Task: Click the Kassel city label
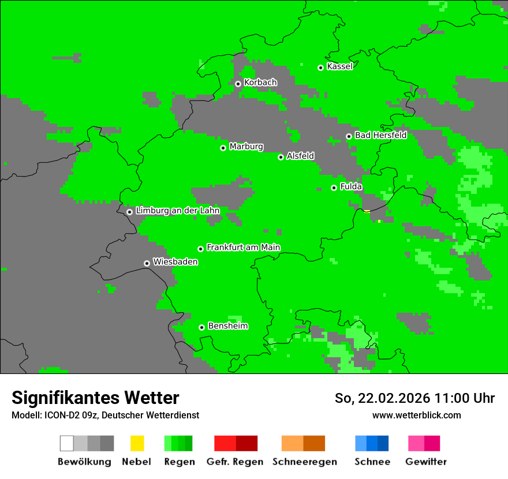[x=339, y=66]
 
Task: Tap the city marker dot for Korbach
[x=238, y=84]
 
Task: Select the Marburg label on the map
[x=246, y=147]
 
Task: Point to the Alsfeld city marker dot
[x=281, y=157]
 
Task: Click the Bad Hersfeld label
[x=380, y=136]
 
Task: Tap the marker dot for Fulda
[x=334, y=188]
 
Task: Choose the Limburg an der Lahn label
[x=177, y=211]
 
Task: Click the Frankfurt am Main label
[x=243, y=248]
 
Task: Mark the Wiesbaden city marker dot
[x=147, y=263]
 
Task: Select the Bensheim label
[x=227, y=326]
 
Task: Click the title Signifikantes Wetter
[x=95, y=398]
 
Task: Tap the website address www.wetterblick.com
[x=416, y=415]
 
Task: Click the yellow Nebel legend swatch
[x=137, y=443]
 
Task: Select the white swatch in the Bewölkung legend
[x=66, y=443]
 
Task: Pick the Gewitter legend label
[x=425, y=462]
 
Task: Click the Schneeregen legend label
[x=304, y=462]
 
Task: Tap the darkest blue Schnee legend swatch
[x=383, y=443]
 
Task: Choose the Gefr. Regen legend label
[x=234, y=462]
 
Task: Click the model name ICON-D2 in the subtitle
[x=62, y=415]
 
